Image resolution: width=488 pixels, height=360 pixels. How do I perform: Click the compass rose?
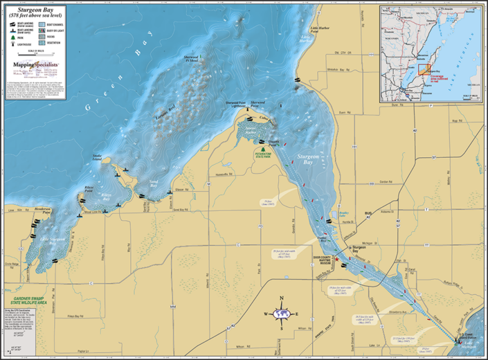(x=282, y=314)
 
